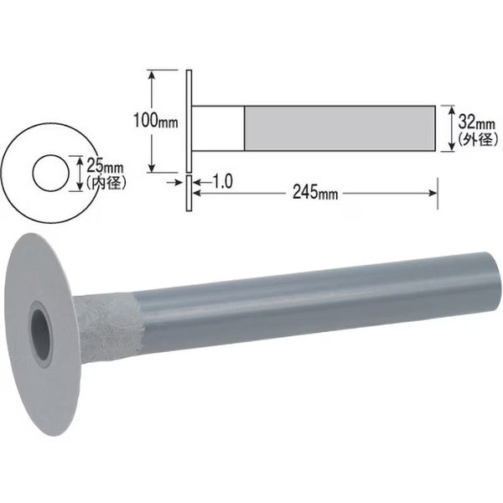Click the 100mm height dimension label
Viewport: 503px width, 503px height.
156,121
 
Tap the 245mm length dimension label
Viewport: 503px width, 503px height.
315,193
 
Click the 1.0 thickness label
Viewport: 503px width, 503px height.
223,182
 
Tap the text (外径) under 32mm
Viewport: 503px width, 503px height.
478,139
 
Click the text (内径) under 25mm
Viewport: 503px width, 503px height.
106,183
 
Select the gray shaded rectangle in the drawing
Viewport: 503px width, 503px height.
340,128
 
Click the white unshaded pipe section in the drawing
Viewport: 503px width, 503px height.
218,128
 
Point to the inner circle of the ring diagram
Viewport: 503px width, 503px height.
33,174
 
